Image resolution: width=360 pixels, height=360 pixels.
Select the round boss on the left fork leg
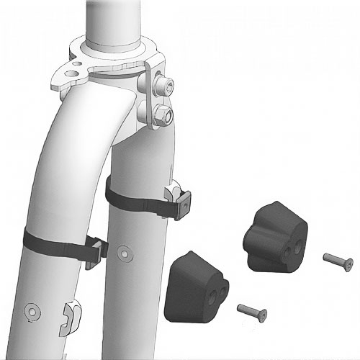(32, 311)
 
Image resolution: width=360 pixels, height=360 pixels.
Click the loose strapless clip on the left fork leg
(69, 315)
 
